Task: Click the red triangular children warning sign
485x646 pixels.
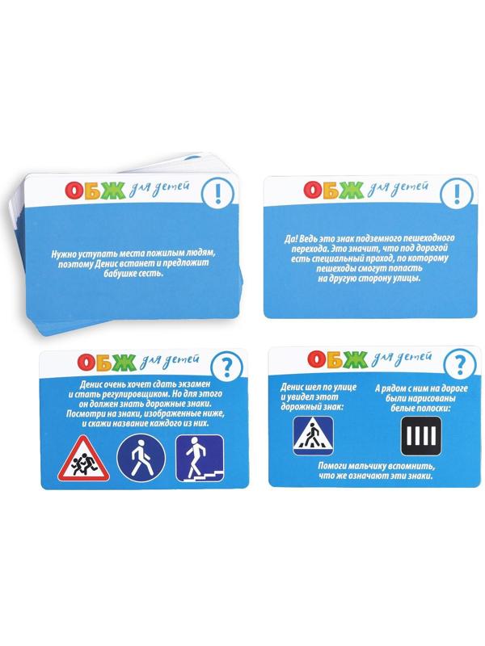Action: click(x=83, y=459)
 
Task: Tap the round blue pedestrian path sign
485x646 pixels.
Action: click(x=141, y=458)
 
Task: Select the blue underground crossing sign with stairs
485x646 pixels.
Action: click(x=200, y=458)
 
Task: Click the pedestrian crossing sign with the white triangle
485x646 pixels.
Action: click(x=313, y=435)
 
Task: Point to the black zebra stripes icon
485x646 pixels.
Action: click(x=421, y=436)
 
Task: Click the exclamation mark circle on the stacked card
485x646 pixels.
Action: click(x=218, y=192)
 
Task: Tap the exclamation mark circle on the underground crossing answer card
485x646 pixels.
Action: click(x=457, y=193)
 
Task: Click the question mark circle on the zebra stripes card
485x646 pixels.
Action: click(x=459, y=364)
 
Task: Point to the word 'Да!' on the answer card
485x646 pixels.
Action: click(x=291, y=239)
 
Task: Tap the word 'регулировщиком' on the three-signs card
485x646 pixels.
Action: click(x=137, y=394)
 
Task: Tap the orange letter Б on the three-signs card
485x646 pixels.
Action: click(x=106, y=361)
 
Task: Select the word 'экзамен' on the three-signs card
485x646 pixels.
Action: click(x=192, y=384)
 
